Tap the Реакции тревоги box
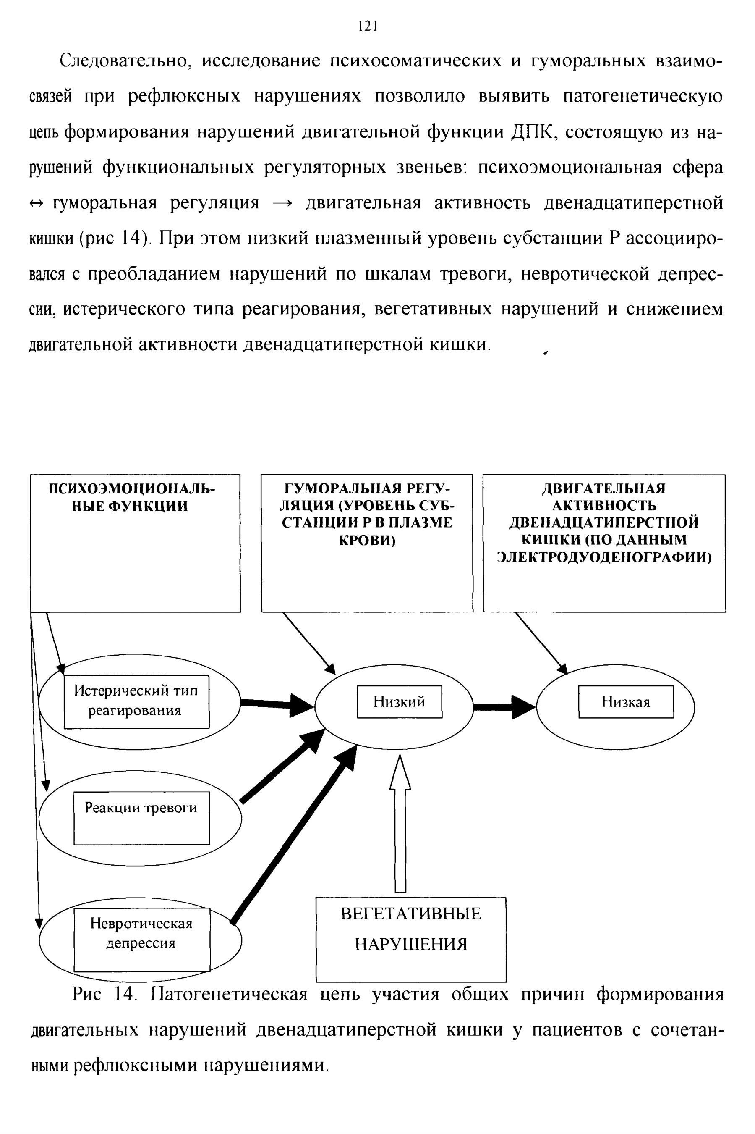[141, 818]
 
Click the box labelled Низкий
[399, 701]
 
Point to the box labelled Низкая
[626, 701]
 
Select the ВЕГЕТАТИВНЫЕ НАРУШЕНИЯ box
[411, 940]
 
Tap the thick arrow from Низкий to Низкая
[504, 707]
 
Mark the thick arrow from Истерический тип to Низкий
[277, 704]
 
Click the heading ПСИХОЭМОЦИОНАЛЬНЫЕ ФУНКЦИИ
[133, 498]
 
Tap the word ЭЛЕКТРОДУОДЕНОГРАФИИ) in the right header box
[604, 557]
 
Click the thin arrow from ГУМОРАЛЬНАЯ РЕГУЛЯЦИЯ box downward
[308, 643]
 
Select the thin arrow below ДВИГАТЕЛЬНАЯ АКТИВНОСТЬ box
[542, 643]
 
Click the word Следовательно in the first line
[123, 62]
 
